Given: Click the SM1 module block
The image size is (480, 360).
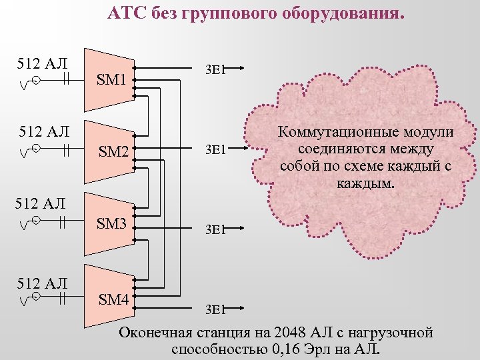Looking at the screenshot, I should [111, 80].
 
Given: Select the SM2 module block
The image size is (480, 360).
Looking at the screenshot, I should [112, 152].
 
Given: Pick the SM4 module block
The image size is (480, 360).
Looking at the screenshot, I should [113, 299].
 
